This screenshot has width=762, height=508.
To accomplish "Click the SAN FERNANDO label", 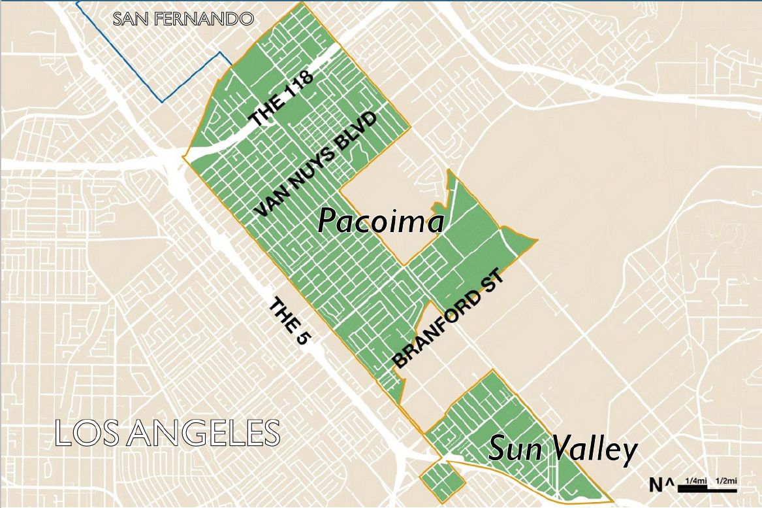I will (183, 18).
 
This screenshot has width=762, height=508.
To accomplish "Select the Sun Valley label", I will (562, 450).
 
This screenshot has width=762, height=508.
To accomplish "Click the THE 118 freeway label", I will (281, 99).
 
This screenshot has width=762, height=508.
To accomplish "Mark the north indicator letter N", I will (656, 484).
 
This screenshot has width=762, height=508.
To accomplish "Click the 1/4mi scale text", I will (694, 482).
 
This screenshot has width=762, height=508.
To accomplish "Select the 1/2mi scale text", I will (726, 482).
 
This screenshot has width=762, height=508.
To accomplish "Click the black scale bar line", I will (708, 489).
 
